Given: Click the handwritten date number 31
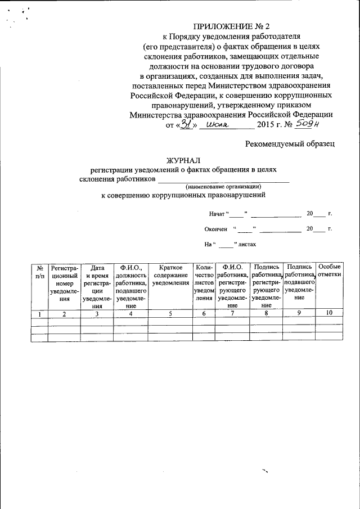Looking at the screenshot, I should point(186,125).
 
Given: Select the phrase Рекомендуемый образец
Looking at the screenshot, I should point(290,144).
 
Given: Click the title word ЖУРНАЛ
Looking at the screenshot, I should point(183,161).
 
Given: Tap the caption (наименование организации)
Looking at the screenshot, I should point(223,186).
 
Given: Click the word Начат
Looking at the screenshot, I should point(217,214).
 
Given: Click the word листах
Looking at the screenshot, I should point(247,245).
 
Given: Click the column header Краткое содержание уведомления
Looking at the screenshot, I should point(173,275).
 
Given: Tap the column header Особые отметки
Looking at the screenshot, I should point(329,271).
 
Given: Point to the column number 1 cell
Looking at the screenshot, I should point(39,314).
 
